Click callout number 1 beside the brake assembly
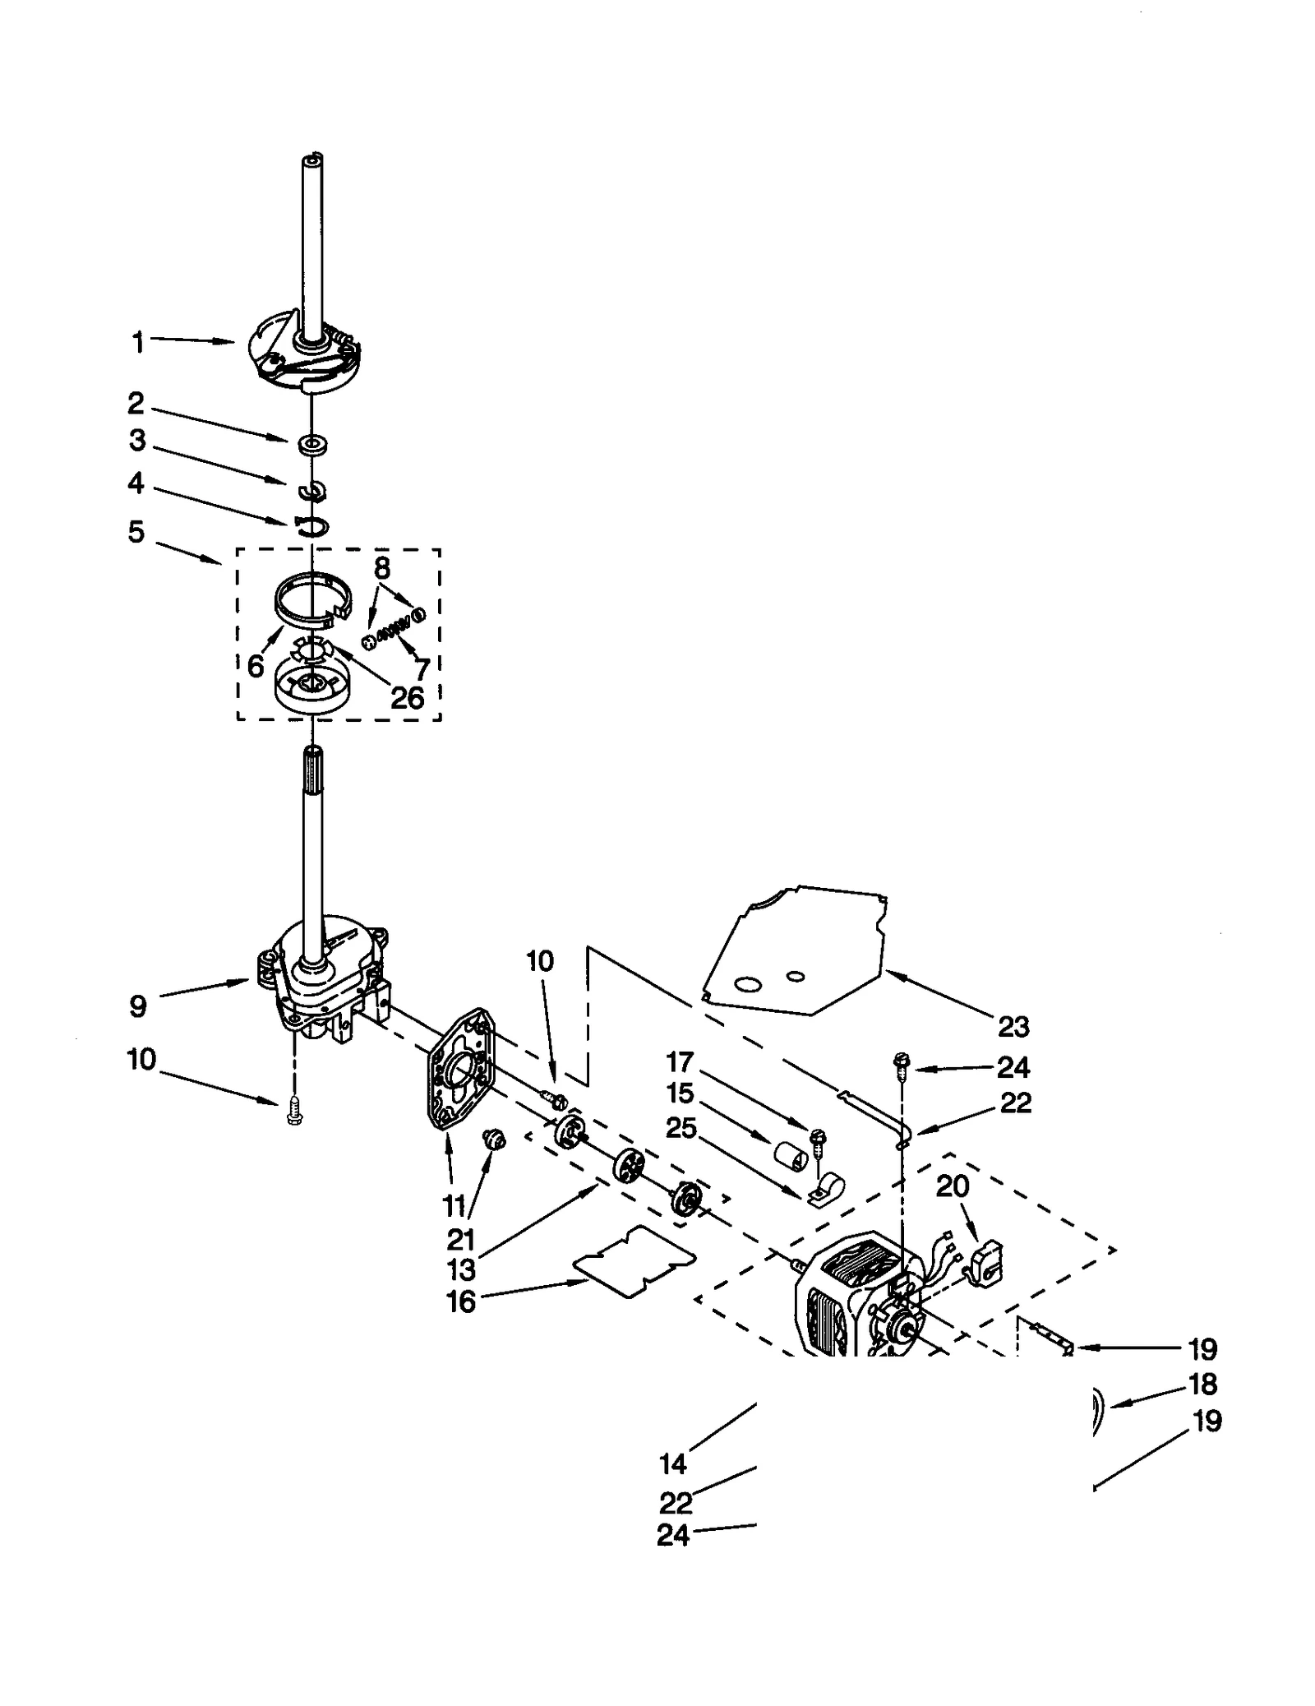[x=138, y=341]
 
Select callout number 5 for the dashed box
[x=136, y=532]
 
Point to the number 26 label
[x=407, y=698]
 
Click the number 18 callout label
[x=1202, y=1384]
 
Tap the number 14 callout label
[x=672, y=1463]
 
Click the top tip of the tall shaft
[x=313, y=156]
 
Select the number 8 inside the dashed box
[x=382, y=568]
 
